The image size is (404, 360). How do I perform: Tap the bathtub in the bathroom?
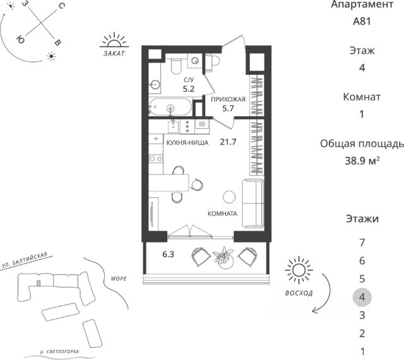click(x=170, y=107)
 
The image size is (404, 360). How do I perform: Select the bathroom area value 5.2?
click(x=189, y=89)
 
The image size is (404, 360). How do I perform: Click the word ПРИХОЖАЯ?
click(x=228, y=100)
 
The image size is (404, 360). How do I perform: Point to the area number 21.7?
click(x=228, y=142)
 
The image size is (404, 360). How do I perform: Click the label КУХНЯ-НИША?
click(x=187, y=142)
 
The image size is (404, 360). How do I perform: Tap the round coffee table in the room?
click(x=229, y=197)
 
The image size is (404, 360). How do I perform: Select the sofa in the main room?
click(x=253, y=203)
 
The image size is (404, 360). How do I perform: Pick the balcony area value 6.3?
click(x=169, y=254)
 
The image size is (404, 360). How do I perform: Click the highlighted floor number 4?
click(x=362, y=297)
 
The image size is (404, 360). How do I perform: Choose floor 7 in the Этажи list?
click(x=362, y=242)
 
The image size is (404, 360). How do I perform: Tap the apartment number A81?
click(x=362, y=21)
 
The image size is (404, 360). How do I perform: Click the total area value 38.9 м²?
click(x=362, y=161)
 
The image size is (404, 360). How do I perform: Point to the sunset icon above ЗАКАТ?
click(x=114, y=40)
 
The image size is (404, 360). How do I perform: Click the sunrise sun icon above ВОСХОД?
click(x=299, y=270)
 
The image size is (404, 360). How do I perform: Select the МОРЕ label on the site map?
click(x=119, y=279)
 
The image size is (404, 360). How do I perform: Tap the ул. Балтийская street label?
click(x=25, y=260)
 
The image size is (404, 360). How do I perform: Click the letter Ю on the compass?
click(x=20, y=40)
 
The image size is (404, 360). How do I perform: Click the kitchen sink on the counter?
click(x=174, y=127)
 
